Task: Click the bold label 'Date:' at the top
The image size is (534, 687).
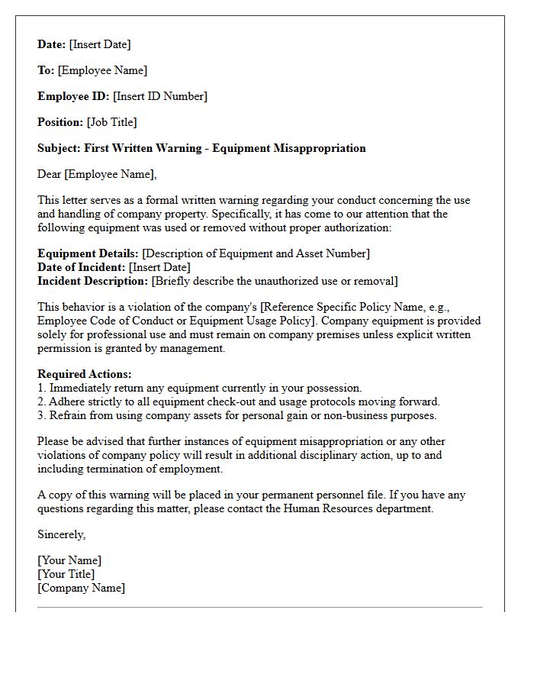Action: coord(52,44)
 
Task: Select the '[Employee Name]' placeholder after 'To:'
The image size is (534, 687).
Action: coord(102,70)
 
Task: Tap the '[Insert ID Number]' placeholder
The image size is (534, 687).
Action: coord(160,96)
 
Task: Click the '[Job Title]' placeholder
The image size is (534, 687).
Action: coord(111,122)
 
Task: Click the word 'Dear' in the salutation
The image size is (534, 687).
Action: coord(50,174)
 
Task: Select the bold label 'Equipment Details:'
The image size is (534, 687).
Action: coord(88,253)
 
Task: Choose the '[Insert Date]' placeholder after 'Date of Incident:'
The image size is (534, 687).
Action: coord(159,267)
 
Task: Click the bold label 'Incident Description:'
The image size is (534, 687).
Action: coord(93,281)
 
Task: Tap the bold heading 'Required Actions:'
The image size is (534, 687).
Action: coord(85,374)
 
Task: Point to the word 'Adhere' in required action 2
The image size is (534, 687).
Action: coord(68,402)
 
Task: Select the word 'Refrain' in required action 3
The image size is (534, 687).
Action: coord(69,415)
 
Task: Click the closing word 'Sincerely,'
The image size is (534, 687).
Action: coord(62,534)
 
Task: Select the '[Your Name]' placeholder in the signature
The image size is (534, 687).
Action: coord(69,560)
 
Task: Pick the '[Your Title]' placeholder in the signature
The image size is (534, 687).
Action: coord(66,574)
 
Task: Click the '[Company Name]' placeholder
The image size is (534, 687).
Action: coord(82,588)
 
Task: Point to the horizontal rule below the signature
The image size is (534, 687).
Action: coord(259,608)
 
